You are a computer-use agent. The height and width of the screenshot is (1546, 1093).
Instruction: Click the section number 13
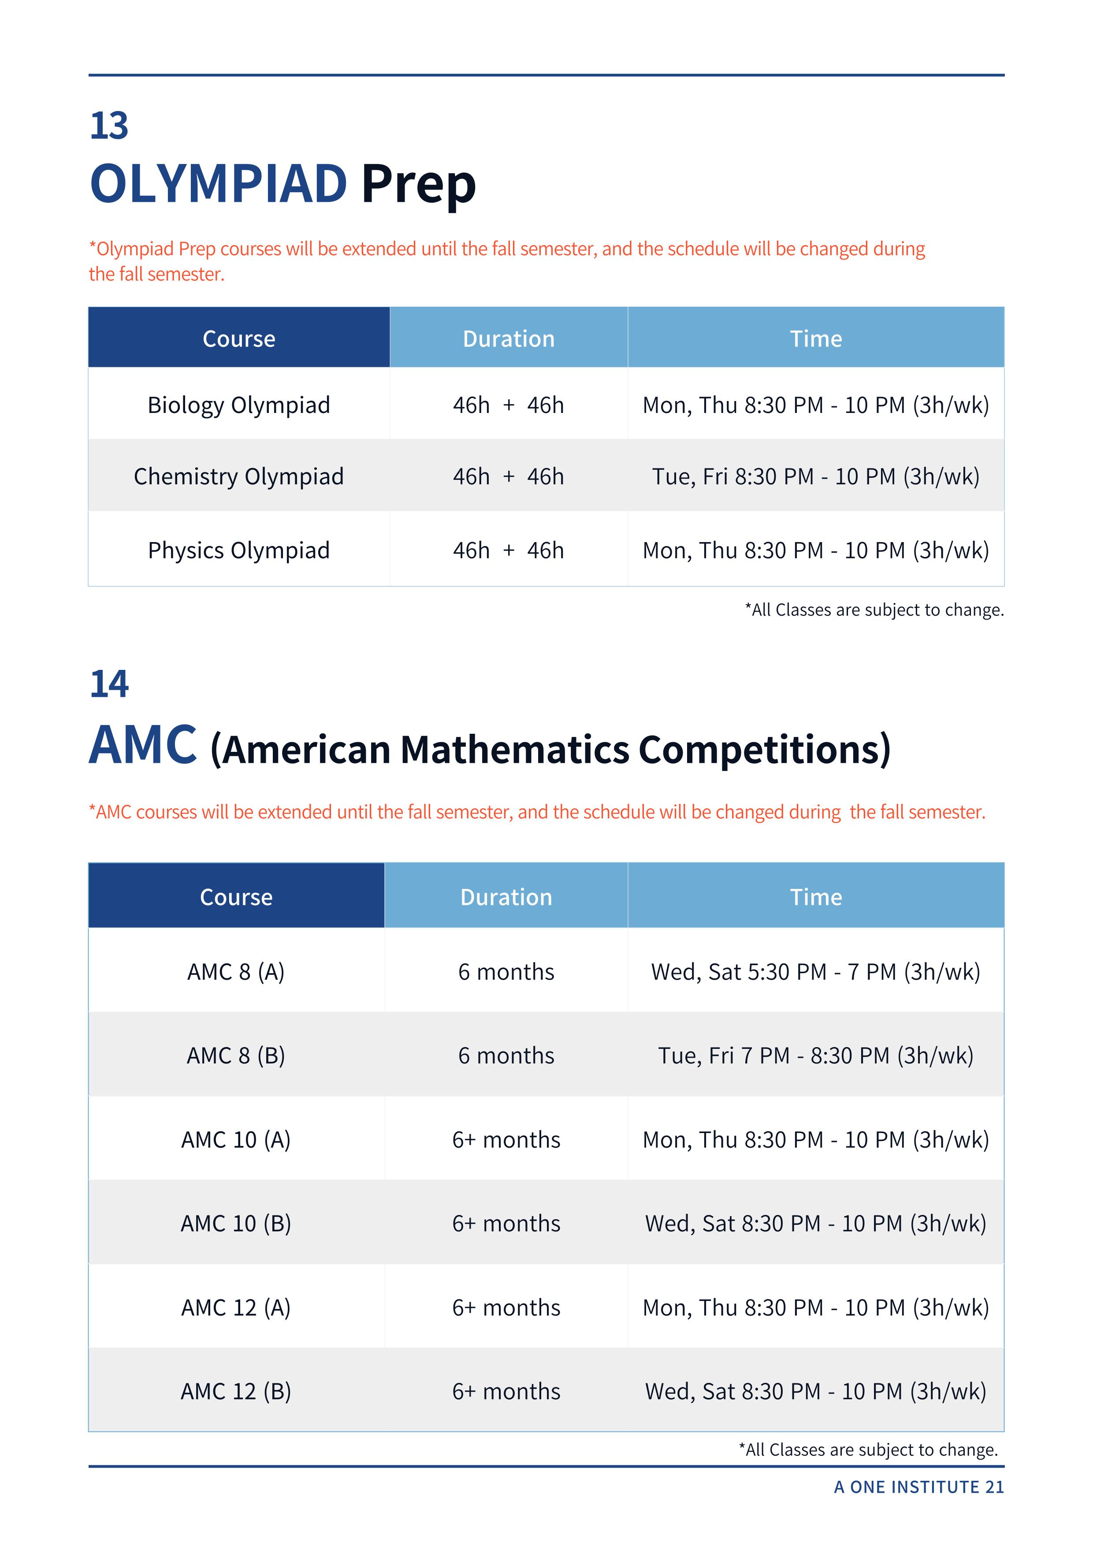(x=109, y=126)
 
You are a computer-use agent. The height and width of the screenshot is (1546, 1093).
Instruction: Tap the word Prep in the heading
(x=418, y=184)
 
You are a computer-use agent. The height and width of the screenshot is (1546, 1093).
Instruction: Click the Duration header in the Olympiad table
(x=509, y=339)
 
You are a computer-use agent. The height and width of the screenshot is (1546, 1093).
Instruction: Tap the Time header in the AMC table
(x=815, y=897)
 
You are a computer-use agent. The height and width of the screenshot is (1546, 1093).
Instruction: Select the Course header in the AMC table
(x=236, y=897)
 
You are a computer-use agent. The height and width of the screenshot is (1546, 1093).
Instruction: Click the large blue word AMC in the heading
(x=143, y=745)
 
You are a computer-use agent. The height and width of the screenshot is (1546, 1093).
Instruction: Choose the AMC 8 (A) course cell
(x=236, y=972)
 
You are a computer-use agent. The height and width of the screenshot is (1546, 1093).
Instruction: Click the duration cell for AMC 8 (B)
(x=506, y=1055)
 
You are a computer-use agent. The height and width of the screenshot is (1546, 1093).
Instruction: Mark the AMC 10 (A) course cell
(x=236, y=1139)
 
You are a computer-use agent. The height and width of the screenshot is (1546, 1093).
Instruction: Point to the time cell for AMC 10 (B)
(x=815, y=1223)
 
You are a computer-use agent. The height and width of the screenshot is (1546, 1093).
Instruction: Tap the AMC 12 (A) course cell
(x=236, y=1307)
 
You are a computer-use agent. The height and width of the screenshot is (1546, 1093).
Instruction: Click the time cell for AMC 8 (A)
(x=815, y=972)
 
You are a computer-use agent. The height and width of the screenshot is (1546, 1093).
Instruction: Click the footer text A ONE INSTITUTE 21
(x=918, y=1487)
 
